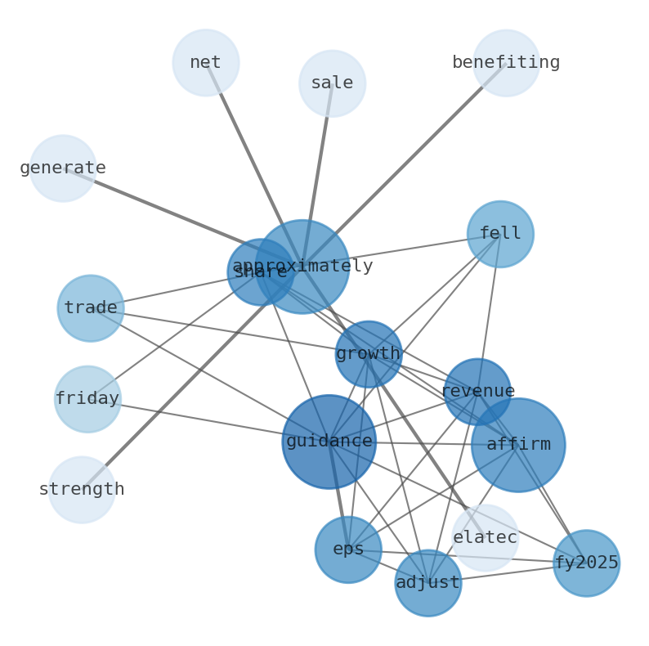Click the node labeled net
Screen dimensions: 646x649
pyautogui.click(x=206, y=63)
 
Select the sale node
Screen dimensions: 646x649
pyautogui.click(x=332, y=83)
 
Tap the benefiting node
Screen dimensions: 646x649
pyautogui.click(x=506, y=63)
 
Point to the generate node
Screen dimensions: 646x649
pyautogui.click(x=63, y=168)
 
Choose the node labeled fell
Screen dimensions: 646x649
pyautogui.click(x=500, y=234)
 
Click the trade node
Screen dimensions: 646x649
pyautogui.click(x=91, y=308)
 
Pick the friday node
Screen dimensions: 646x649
pyautogui.click(x=87, y=399)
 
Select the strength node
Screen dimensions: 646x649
pyautogui.click(x=82, y=490)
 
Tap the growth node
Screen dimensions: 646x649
pyautogui.click(x=369, y=354)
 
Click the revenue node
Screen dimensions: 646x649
pyautogui.click(x=477, y=392)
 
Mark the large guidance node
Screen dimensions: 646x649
pyautogui.click(x=329, y=442)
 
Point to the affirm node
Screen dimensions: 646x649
pyautogui.click(x=518, y=445)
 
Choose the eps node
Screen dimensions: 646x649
pyautogui.click(x=348, y=550)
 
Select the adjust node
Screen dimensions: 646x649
pyautogui.click(x=428, y=583)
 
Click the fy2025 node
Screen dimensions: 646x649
pyautogui.click(x=586, y=563)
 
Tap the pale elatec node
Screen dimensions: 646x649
pyautogui.click(x=486, y=538)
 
